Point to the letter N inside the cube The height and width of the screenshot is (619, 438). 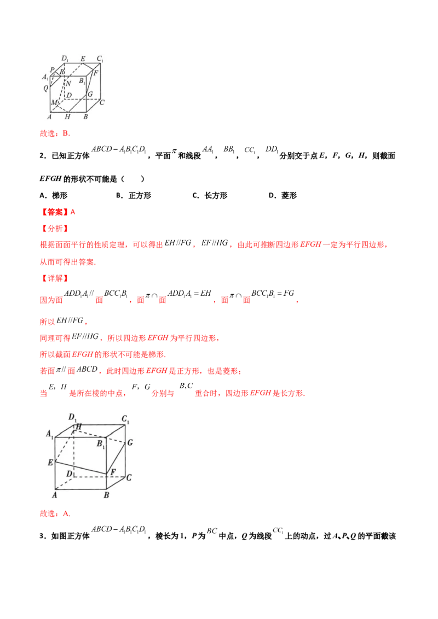[x=68, y=83]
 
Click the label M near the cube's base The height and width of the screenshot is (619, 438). [x=53, y=103]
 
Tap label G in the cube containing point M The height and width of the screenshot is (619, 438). [x=90, y=95]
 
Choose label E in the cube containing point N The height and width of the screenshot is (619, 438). [x=83, y=59]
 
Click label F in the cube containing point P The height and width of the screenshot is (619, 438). [x=96, y=72]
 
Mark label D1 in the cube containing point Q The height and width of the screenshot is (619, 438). [x=65, y=59]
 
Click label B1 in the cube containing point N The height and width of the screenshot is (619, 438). [x=82, y=80]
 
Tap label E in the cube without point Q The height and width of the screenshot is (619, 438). [x=50, y=463]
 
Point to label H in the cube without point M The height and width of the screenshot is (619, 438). [x=79, y=427]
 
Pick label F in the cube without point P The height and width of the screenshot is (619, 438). [x=112, y=471]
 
